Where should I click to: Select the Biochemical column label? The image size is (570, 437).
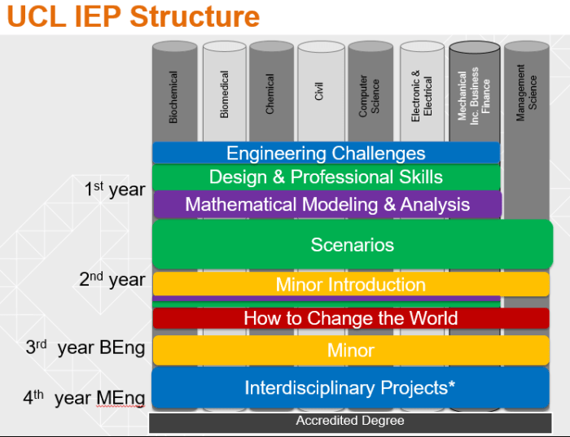173,97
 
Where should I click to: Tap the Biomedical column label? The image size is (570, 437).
225,94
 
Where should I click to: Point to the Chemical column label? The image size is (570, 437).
270,94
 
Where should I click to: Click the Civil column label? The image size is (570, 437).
320,90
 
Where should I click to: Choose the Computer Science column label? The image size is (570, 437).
370,96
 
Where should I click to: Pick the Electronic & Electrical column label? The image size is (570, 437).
422,96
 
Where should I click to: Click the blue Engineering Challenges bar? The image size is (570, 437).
326,153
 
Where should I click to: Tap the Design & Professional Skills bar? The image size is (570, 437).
326,177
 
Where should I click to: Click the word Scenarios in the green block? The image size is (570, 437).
352,244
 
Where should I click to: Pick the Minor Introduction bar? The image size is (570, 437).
350,285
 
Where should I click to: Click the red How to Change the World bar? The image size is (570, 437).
350,318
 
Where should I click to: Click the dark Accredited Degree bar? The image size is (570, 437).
350,422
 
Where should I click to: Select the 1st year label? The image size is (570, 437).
114,190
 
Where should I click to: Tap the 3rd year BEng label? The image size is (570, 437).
85,347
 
